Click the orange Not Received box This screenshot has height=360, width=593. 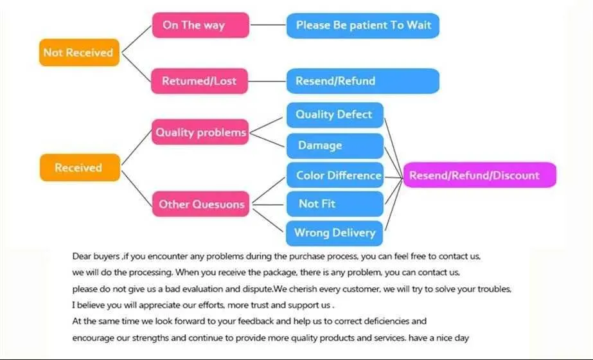point(79,52)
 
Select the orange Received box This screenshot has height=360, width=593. point(80,167)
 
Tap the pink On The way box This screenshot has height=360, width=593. point(200,25)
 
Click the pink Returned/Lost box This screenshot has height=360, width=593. point(199,81)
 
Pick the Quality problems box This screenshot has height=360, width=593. point(200,132)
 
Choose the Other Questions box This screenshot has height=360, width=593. point(201,204)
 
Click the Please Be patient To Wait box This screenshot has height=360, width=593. point(363,25)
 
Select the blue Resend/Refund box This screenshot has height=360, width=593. point(363,81)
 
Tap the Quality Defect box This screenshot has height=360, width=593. point(335,115)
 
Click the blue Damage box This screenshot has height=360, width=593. point(335,146)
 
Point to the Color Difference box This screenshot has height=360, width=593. point(335,175)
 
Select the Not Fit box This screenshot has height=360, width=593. point(335,204)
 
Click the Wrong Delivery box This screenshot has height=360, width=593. point(334,233)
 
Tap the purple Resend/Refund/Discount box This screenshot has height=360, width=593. point(480,175)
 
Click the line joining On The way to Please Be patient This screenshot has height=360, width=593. point(268,25)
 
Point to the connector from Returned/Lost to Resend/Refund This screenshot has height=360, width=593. point(267,81)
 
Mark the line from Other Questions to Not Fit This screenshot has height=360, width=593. point(268,204)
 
